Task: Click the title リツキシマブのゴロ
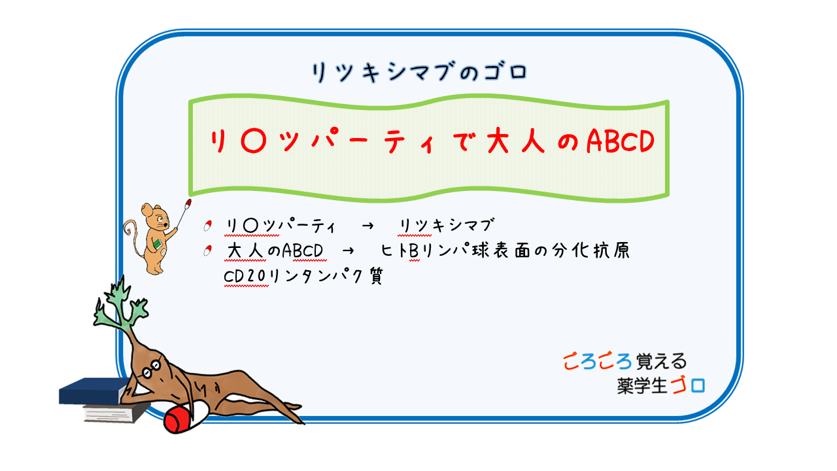419,72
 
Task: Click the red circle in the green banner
254,141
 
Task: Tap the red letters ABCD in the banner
621,141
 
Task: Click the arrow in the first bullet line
367,226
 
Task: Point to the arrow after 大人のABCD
348,251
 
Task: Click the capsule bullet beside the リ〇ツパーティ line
208,226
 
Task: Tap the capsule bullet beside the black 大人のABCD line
208,251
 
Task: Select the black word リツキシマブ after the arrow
447,226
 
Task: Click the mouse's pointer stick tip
188,203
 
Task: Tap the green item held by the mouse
158,244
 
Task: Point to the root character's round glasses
152,368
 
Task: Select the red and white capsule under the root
186,417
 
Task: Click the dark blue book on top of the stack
94,391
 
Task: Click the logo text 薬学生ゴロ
660,386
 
